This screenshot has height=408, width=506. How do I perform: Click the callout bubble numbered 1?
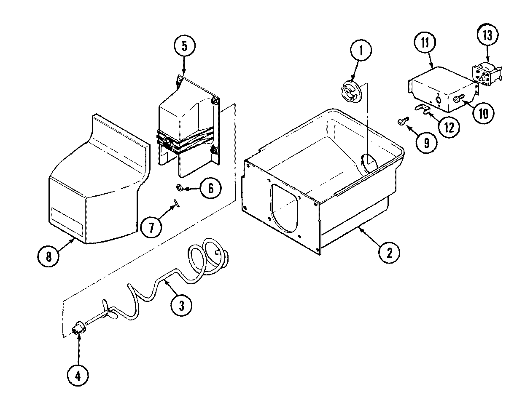pyautogui.click(x=360, y=51)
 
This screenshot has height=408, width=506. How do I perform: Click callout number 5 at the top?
pyautogui.click(x=184, y=46)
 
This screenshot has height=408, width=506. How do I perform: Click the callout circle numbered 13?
pyautogui.click(x=487, y=36)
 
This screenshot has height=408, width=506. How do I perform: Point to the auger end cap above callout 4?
pyautogui.click(x=78, y=328)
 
